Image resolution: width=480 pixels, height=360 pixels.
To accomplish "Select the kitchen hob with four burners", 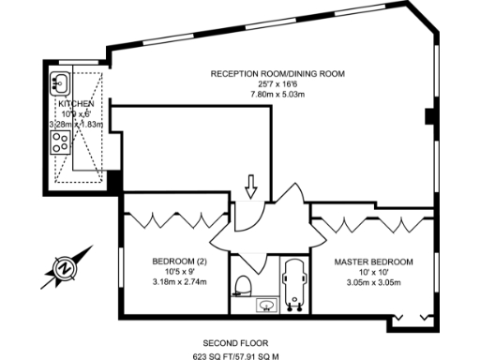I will tap(59, 142).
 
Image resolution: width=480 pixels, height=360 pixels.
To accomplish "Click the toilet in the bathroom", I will tap(245, 283).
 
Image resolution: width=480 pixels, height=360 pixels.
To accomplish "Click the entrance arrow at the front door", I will tap(250, 187).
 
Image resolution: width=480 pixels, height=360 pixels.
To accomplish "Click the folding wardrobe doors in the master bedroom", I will tap(370, 222).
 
